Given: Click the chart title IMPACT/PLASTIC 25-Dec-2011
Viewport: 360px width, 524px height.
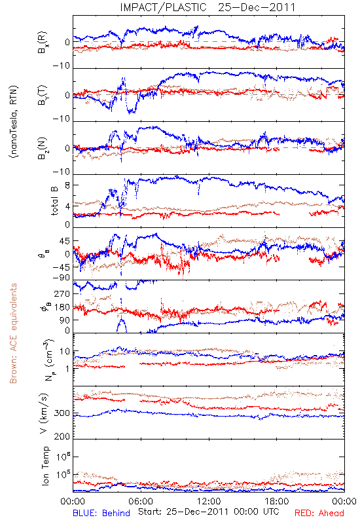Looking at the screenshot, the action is [x=207, y=7].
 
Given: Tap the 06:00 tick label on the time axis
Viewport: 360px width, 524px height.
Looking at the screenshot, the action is [x=141, y=501].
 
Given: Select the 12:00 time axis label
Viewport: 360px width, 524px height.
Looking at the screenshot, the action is [x=209, y=501].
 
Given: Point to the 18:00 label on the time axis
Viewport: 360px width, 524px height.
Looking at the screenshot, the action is [x=277, y=501].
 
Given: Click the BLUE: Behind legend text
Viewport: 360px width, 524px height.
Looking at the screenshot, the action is [x=101, y=513].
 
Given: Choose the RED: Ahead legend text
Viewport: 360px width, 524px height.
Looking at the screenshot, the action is [x=319, y=513].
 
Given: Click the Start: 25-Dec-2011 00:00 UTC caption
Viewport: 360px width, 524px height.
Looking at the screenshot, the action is [x=209, y=512].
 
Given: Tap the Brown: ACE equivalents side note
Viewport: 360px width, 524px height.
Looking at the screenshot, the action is [x=13, y=333].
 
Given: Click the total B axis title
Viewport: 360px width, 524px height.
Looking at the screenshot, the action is [x=54, y=201].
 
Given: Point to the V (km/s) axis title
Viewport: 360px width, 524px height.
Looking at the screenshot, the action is [x=44, y=413].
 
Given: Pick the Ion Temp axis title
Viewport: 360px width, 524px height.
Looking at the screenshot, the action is [x=45, y=466].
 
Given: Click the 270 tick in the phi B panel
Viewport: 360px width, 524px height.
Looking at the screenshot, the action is [x=62, y=293].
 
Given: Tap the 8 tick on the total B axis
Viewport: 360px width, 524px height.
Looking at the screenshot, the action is [x=67, y=185].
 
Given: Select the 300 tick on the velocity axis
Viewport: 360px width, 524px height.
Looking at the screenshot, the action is [x=62, y=413].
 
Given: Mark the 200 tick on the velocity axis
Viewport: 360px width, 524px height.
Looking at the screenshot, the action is [x=62, y=436].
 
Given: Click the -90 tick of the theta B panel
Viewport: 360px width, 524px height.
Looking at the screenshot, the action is [x=62, y=277].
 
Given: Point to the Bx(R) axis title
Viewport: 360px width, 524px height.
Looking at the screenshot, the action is [x=43, y=43].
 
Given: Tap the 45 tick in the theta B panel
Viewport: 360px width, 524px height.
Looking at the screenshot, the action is [x=65, y=241].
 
